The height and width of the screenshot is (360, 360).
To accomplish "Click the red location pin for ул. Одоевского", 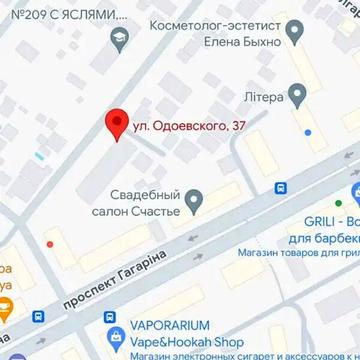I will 116,124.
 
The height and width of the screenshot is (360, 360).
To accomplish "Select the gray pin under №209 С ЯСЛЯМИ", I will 120,40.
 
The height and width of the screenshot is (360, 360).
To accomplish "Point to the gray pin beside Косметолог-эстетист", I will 294,34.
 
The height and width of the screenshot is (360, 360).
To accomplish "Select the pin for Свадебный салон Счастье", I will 197,197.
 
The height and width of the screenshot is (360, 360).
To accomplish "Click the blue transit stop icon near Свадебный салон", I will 280,187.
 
